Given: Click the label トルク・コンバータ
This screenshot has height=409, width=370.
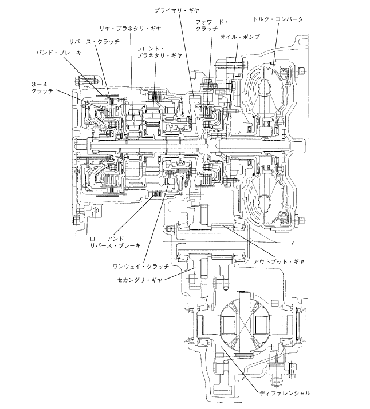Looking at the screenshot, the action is (278, 19).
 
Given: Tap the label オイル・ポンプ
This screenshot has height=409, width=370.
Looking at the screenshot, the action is (240, 37).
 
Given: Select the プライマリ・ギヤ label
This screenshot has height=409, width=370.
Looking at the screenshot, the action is (176, 10).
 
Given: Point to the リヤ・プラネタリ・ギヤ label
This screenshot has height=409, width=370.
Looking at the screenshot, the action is (130, 28).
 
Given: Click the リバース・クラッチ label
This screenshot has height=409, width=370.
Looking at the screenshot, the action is (95, 42).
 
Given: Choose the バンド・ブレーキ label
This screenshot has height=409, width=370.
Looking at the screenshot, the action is (59, 53).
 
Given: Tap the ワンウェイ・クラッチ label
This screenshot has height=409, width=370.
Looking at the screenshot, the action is (141, 267).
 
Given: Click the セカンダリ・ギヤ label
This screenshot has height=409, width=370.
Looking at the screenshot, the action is (140, 280).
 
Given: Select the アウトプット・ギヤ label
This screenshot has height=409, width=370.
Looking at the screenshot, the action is (279, 261).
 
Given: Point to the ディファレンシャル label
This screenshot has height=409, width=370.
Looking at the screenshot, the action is (285, 393).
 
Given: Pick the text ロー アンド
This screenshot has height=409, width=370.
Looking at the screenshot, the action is (107, 239).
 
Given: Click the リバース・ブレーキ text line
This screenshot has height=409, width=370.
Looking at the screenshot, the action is (115, 245).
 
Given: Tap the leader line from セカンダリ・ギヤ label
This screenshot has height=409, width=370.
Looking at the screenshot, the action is (180, 273).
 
